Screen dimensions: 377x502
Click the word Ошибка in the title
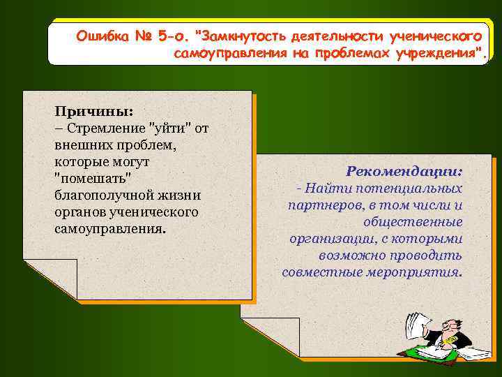tap(100, 35)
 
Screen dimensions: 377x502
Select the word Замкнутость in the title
tap(241, 35)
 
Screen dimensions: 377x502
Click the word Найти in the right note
tap(327, 188)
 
